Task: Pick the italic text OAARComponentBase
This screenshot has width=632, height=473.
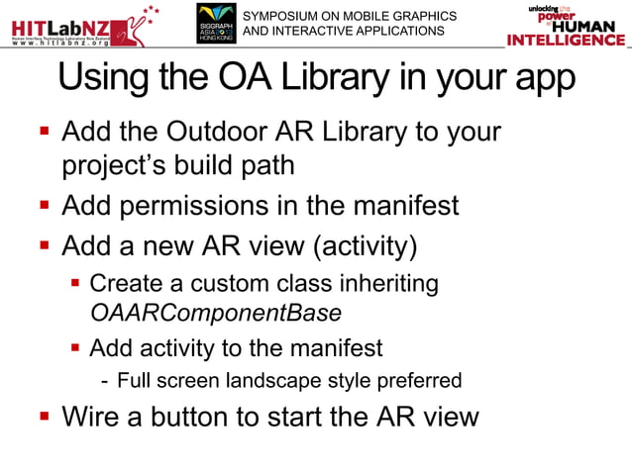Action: coord(216,314)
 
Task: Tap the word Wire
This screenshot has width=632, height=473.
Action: coord(91,416)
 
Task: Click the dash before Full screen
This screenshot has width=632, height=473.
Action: coord(105,380)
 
